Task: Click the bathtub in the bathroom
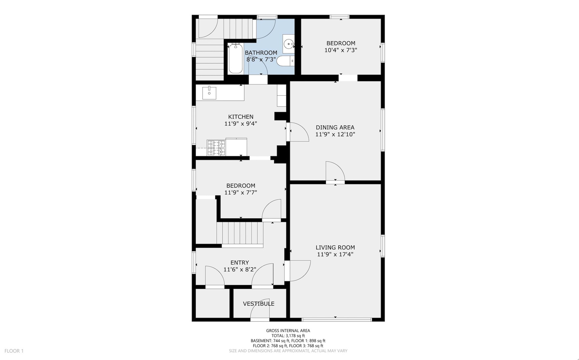pos(236,59)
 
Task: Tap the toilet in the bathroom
pos(286,61)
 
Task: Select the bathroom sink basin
pos(289,44)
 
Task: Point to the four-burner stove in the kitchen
pos(216,148)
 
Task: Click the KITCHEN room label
pos(241,117)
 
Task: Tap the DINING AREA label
pos(335,127)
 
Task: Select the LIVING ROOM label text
pos(335,247)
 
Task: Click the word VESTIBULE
pos(259,304)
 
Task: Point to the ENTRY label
pos(240,263)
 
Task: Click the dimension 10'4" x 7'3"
pos(341,50)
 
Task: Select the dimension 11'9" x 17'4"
pos(335,254)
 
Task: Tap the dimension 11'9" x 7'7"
pos(241,193)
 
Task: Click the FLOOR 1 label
pos(14,351)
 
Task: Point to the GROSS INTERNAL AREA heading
pos(288,331)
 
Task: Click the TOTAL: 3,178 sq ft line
pos(288,336)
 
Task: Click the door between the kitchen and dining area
pos(297,132)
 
